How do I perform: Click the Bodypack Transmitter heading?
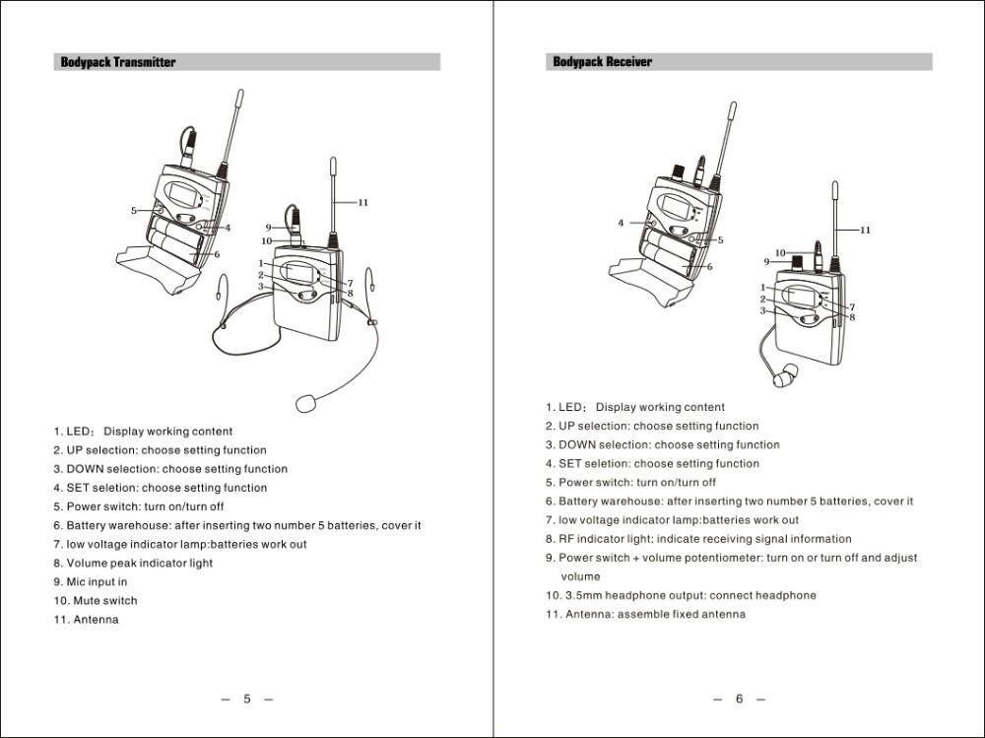(118, 62)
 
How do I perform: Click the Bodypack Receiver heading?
(602, 62)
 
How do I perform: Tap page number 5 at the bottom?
(247, 699)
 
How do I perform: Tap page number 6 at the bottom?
(739, 699)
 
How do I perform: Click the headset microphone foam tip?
(306, 402)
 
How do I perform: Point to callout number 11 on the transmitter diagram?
(362, 202)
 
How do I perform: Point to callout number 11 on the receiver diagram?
(865, 230)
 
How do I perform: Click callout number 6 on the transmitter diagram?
(217, 254)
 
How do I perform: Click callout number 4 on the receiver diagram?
(621, 223)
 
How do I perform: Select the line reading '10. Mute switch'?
(96, 600)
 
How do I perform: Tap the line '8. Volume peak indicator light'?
(133, 563)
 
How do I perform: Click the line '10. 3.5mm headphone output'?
(681, 595)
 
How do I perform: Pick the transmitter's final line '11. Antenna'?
(86, 619)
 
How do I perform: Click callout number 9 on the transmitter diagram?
(268, 228)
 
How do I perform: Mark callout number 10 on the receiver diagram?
(780, 252)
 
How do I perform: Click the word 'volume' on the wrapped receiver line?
(580, 576)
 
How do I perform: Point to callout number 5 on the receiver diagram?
(720, 239)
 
